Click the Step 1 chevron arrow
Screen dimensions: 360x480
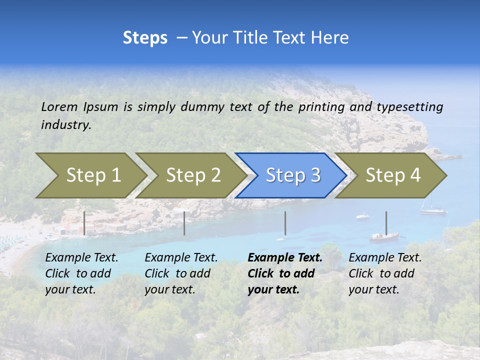pyautogui.click(x=90, y=175)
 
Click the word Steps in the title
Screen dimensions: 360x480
pyautogui.click(x=145, y=37)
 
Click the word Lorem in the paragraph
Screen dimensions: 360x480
pyautogui.click(x=59, y=106)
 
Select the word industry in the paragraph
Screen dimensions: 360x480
pyautogui.click(x=65, y=124)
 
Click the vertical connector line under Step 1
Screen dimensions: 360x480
pyautogui.click(x=84, y=223)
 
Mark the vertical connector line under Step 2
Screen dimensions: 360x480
pyautogui.click(x=184, y=223)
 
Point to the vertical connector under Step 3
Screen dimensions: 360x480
pyautogui.click(x=285, y=223)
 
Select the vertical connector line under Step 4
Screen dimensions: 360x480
pyautogui.click(x=386, y=223)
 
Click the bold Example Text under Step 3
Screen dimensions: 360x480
pyautogui.click(x=285, y=258)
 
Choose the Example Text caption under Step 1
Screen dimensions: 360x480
pyautogui.click(x=81, y=258)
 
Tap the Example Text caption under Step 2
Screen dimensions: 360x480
pyautogui.click(x=181, y=258)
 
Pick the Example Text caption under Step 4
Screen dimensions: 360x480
pyautogui.click(x=385, y=258)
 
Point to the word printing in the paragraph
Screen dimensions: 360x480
pyautogui.click(x=321, y=106)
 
